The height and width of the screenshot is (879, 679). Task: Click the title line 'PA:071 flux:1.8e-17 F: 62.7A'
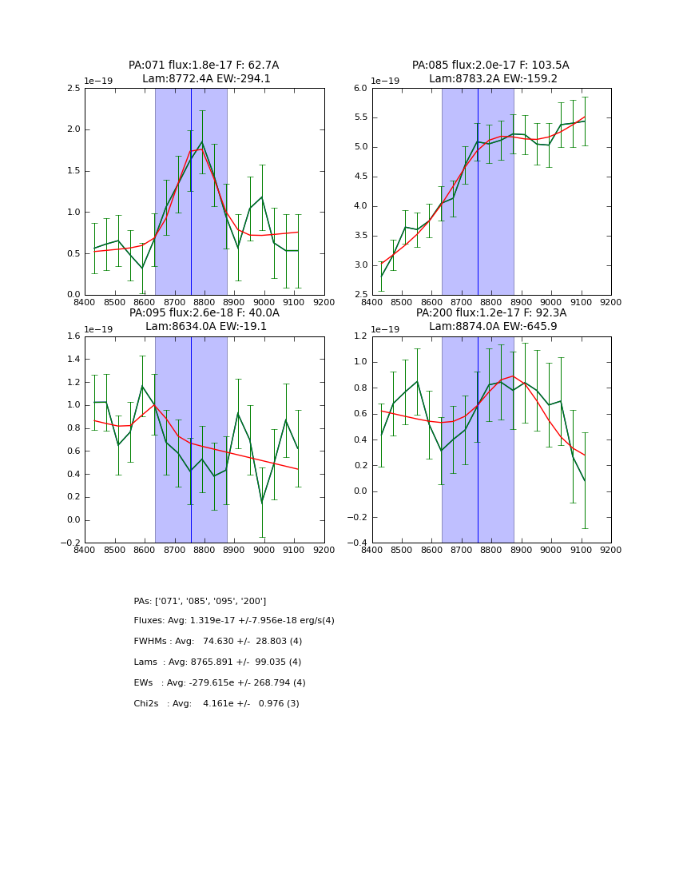pos(204,66)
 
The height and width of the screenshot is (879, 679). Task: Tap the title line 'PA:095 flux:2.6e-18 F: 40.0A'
pos(204,313)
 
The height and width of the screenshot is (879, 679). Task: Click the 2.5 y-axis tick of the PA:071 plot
pos(73,88)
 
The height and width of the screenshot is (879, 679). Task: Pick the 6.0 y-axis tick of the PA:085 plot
pos(359,88)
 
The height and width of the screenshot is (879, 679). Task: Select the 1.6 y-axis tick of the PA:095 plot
pos(73,336)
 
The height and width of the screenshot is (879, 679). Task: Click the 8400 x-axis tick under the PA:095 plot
pos(85,551)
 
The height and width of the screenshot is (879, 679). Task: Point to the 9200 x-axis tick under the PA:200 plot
pos(611,551)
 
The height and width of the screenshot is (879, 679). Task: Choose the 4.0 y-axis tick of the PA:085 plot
pos(359,206)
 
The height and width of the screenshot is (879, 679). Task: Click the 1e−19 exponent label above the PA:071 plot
pos(98,82)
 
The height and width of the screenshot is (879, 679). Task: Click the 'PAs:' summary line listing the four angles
pos(200,601)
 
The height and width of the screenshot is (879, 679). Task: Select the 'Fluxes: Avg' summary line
pos(234,621)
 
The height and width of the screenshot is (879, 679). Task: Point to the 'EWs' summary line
pos(220,683)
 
